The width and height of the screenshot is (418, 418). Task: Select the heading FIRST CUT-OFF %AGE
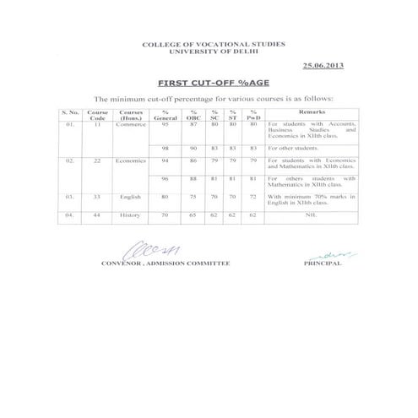pos(208,84)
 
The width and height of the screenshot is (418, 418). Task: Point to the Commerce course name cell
pos(131,125)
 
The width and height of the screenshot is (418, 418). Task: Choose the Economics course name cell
pos(131,160)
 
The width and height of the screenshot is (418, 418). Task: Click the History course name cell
pos(131,216)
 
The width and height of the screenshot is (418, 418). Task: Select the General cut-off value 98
pos(167,148)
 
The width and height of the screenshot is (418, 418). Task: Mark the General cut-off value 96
pos(167,179)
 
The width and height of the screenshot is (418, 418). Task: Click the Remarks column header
pos(309,111)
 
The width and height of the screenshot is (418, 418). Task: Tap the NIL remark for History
pos(310,216)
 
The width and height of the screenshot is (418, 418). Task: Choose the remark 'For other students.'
pos(292,148)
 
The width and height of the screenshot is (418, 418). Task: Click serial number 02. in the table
pos(71,160)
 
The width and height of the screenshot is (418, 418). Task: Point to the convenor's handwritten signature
pos(144,251)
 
